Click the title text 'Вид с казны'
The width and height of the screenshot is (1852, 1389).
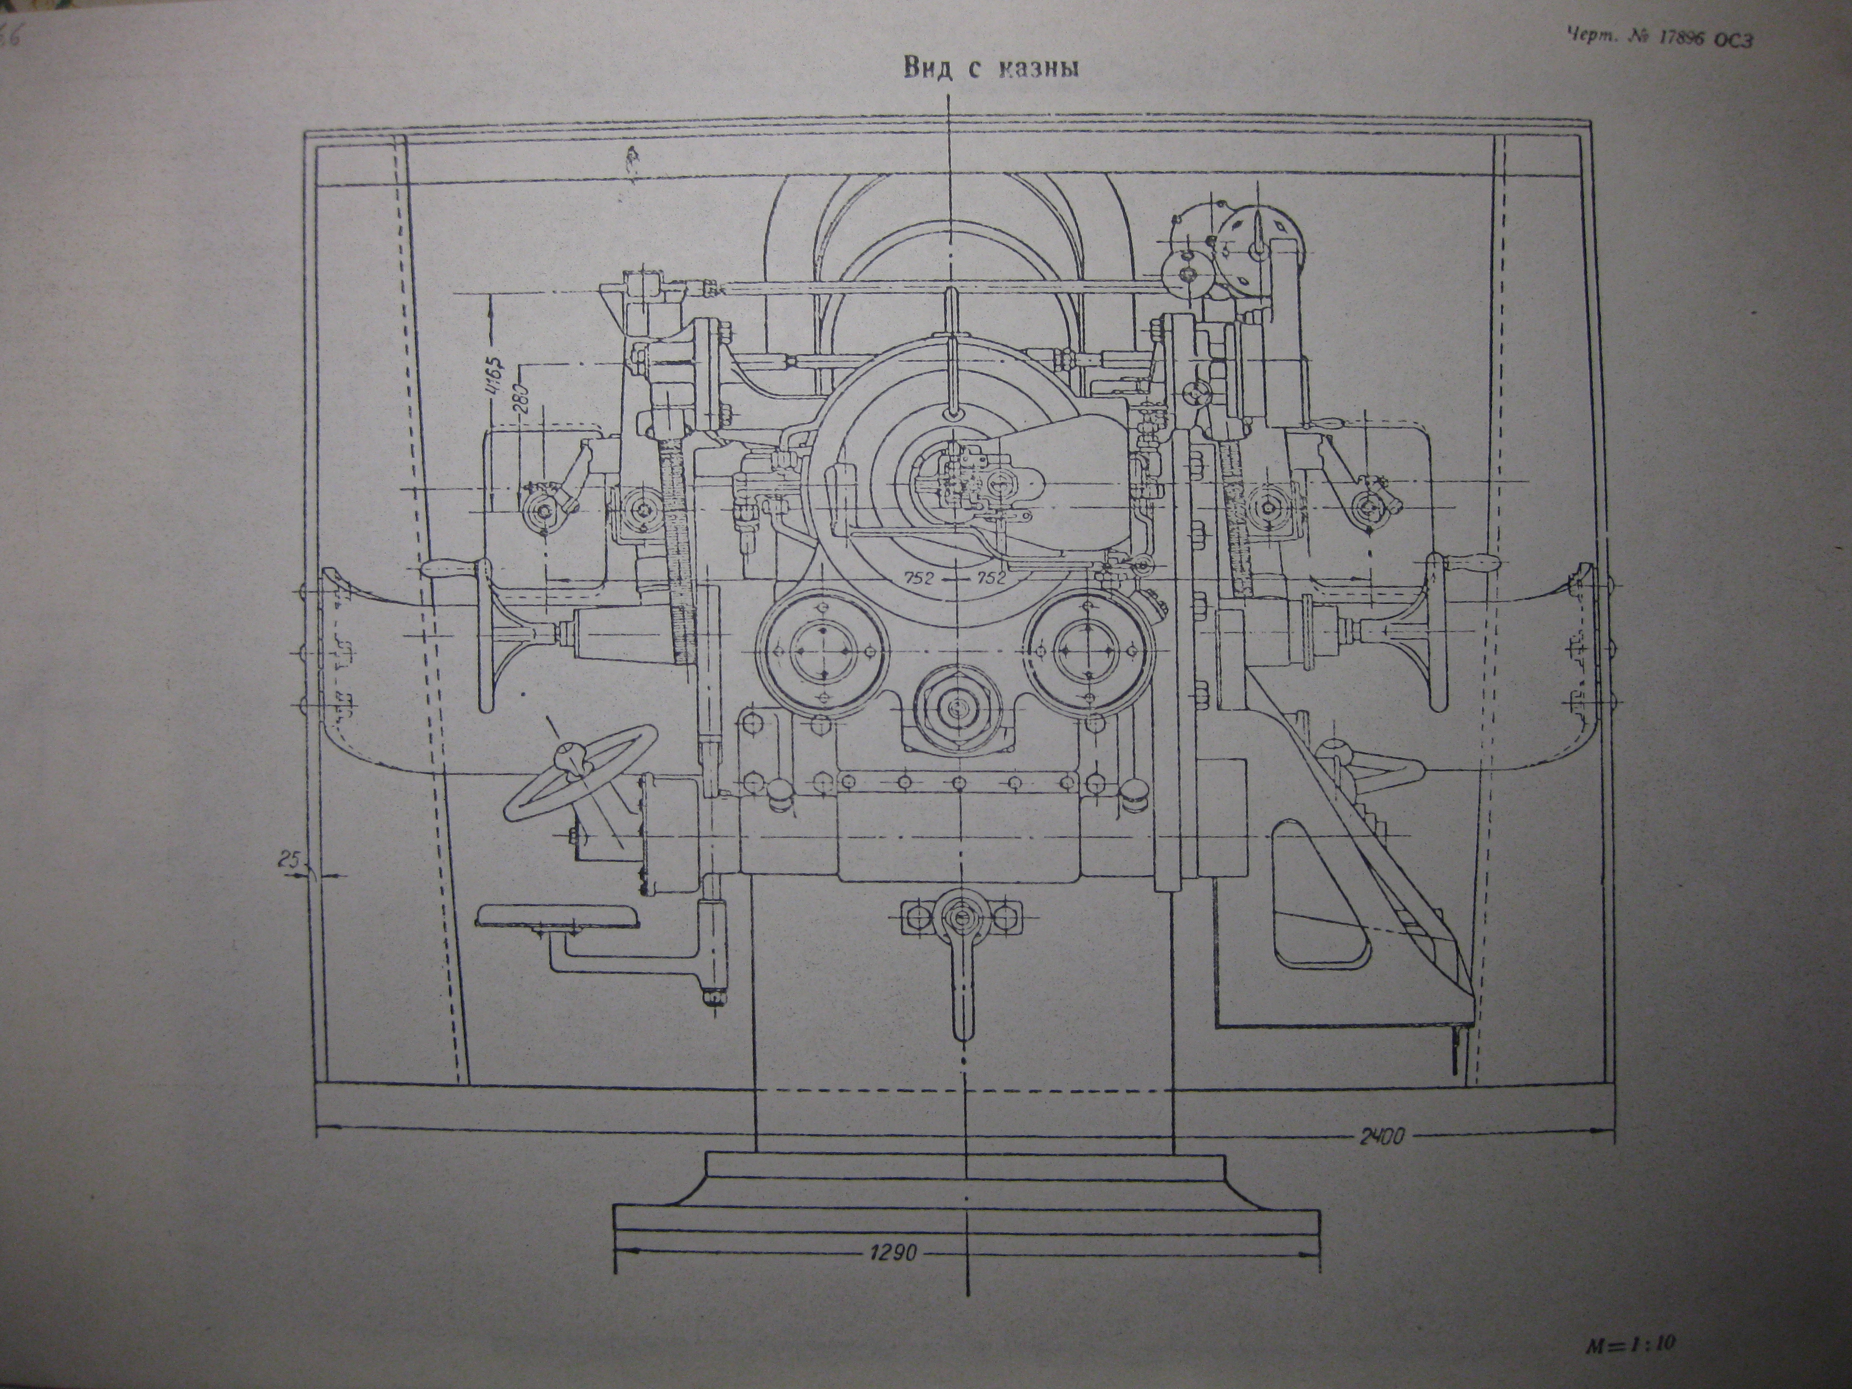(989, 69)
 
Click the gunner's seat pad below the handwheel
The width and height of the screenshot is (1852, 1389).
(557, 917)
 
